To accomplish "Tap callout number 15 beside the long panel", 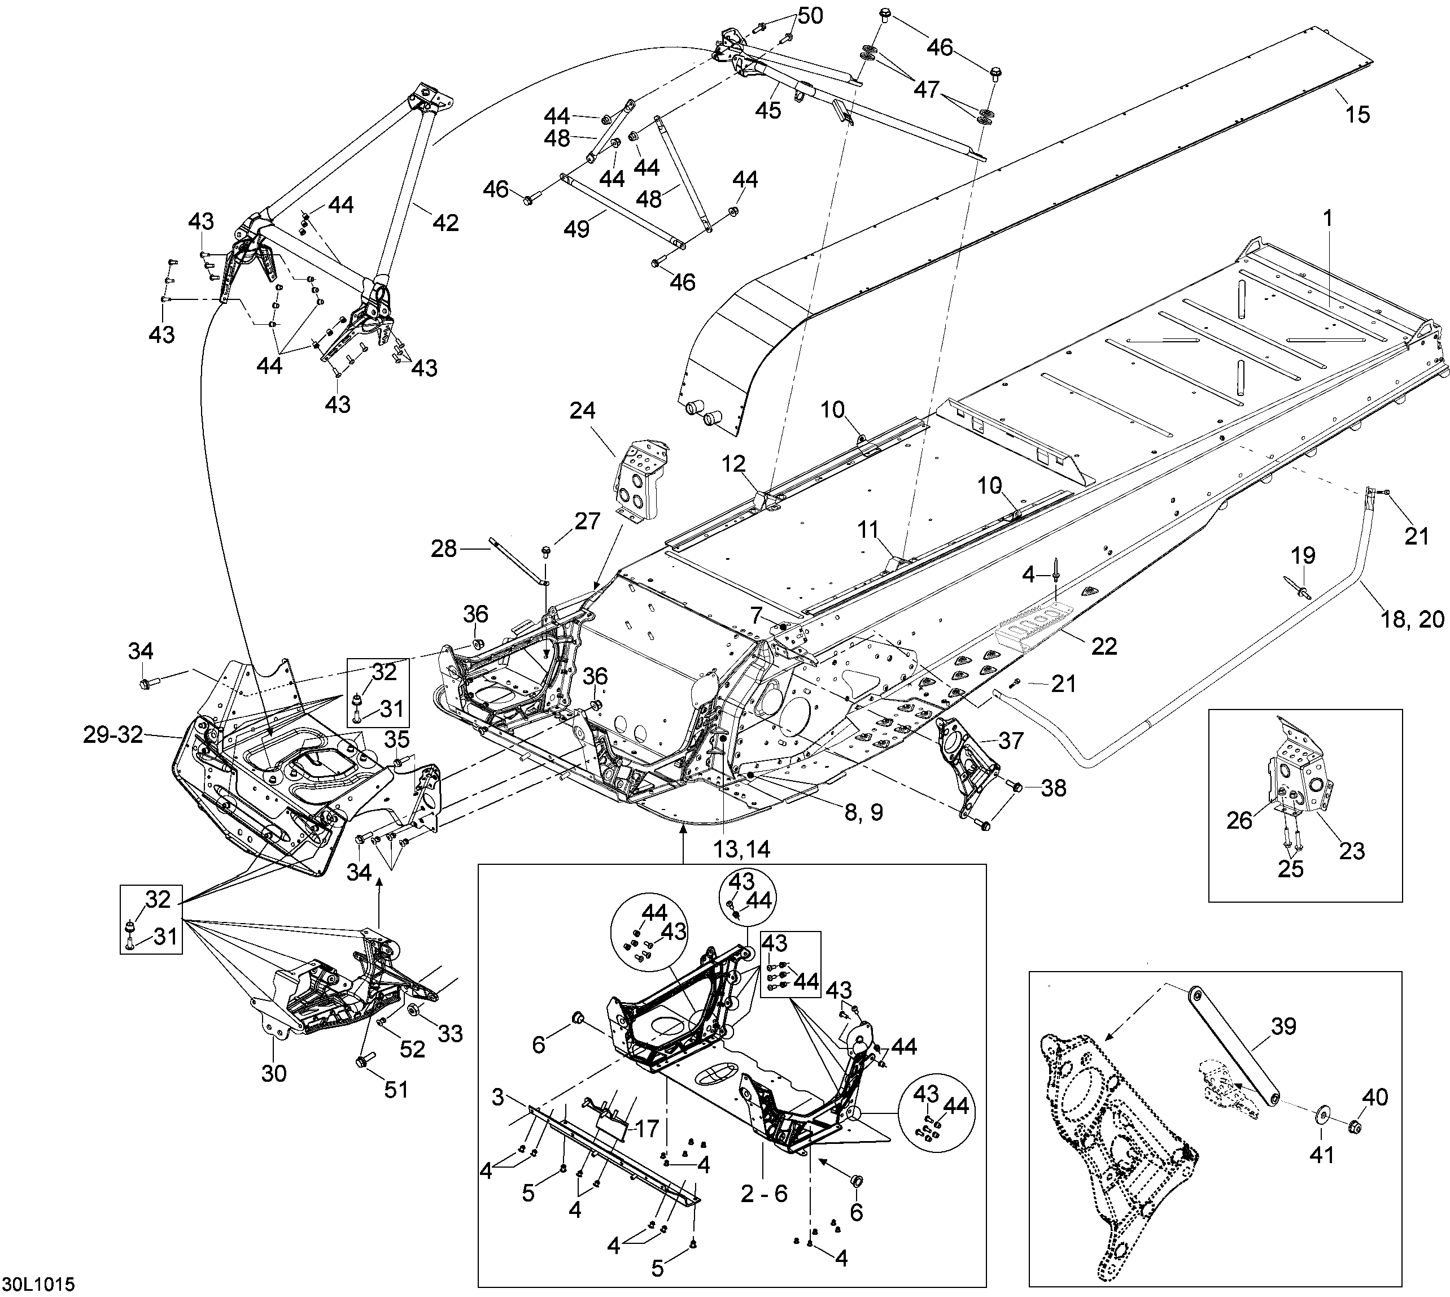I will click(x=1357, y=114).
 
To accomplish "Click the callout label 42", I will click(x=446, y=223).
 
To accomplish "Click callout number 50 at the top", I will click(x=809, y=16).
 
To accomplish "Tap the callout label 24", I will click(x=583, y=411).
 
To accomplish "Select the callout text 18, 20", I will click(x=1412, y=619).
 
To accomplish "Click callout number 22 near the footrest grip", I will click(x=1104, y=646).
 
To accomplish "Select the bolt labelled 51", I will click(x=360, y=1063).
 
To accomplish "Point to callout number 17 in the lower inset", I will click(x=647, y=1128).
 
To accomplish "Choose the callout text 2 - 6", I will click(x=763, y=1194).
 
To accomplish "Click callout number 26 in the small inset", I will click(x=1239, y=821).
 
